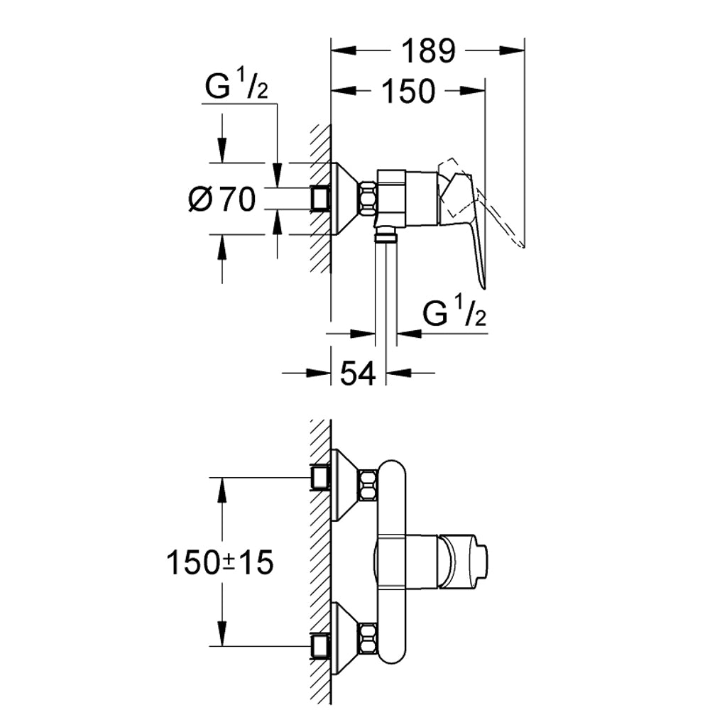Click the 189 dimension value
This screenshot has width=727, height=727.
coord(429,51)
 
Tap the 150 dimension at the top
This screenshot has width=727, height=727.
coord(408,91)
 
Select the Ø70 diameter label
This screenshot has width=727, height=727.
coord(222,199)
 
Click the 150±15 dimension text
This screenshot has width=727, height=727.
coord(220,562)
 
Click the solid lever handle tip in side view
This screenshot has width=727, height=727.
coord(483,287)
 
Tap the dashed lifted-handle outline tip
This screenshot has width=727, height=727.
coord(523,245)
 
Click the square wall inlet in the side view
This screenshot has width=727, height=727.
coord(319,199)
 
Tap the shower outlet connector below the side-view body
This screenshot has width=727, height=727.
coord(386,234)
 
